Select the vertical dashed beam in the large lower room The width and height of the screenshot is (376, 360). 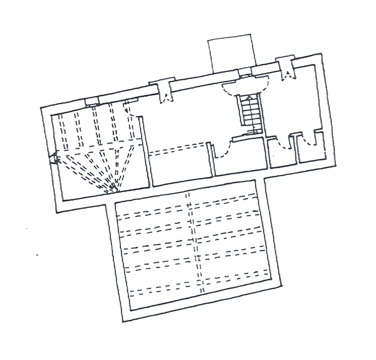(194, 245)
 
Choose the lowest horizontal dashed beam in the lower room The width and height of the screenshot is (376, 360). (201, 289)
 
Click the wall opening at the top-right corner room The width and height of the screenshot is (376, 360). (289, 71)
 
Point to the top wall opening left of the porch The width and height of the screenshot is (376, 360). (164, 91)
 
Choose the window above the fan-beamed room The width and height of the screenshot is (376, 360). (92, 100)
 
